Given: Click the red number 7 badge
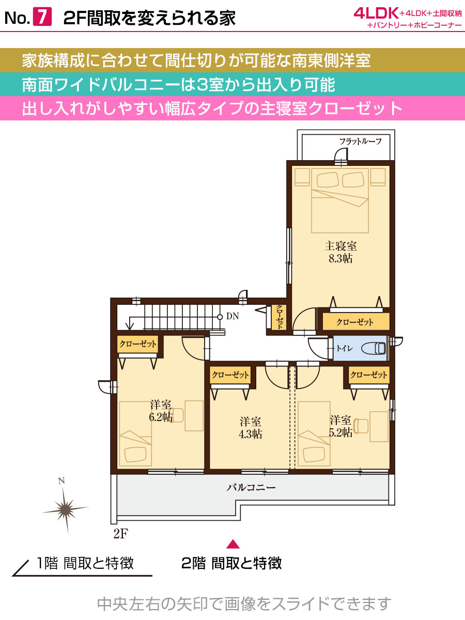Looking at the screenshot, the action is pos(42,18).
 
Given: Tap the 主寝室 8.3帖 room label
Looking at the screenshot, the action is pos(341,252).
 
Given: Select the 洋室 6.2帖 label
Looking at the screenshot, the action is pos(161,411).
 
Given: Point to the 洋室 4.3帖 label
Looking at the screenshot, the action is pos(251,428).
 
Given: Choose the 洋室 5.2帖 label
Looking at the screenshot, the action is pos(340,426).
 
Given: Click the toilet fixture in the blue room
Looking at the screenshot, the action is pos(373,348).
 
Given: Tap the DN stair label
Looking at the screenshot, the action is pos(233,316).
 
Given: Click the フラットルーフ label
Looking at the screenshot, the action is pos(360,141).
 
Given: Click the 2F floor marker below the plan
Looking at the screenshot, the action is pos(121,534).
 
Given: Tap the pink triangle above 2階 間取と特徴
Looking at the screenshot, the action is pos(233,544).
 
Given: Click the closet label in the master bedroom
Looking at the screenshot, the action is pos(354,322).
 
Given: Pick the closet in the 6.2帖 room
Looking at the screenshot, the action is pos(138,344).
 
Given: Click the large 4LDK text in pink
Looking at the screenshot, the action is pos(376,13).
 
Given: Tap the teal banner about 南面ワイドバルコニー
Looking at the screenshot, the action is pos(233,84).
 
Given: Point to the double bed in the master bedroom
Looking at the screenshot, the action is pos(340,200).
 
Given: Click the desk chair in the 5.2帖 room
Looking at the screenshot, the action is pos(361,426).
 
